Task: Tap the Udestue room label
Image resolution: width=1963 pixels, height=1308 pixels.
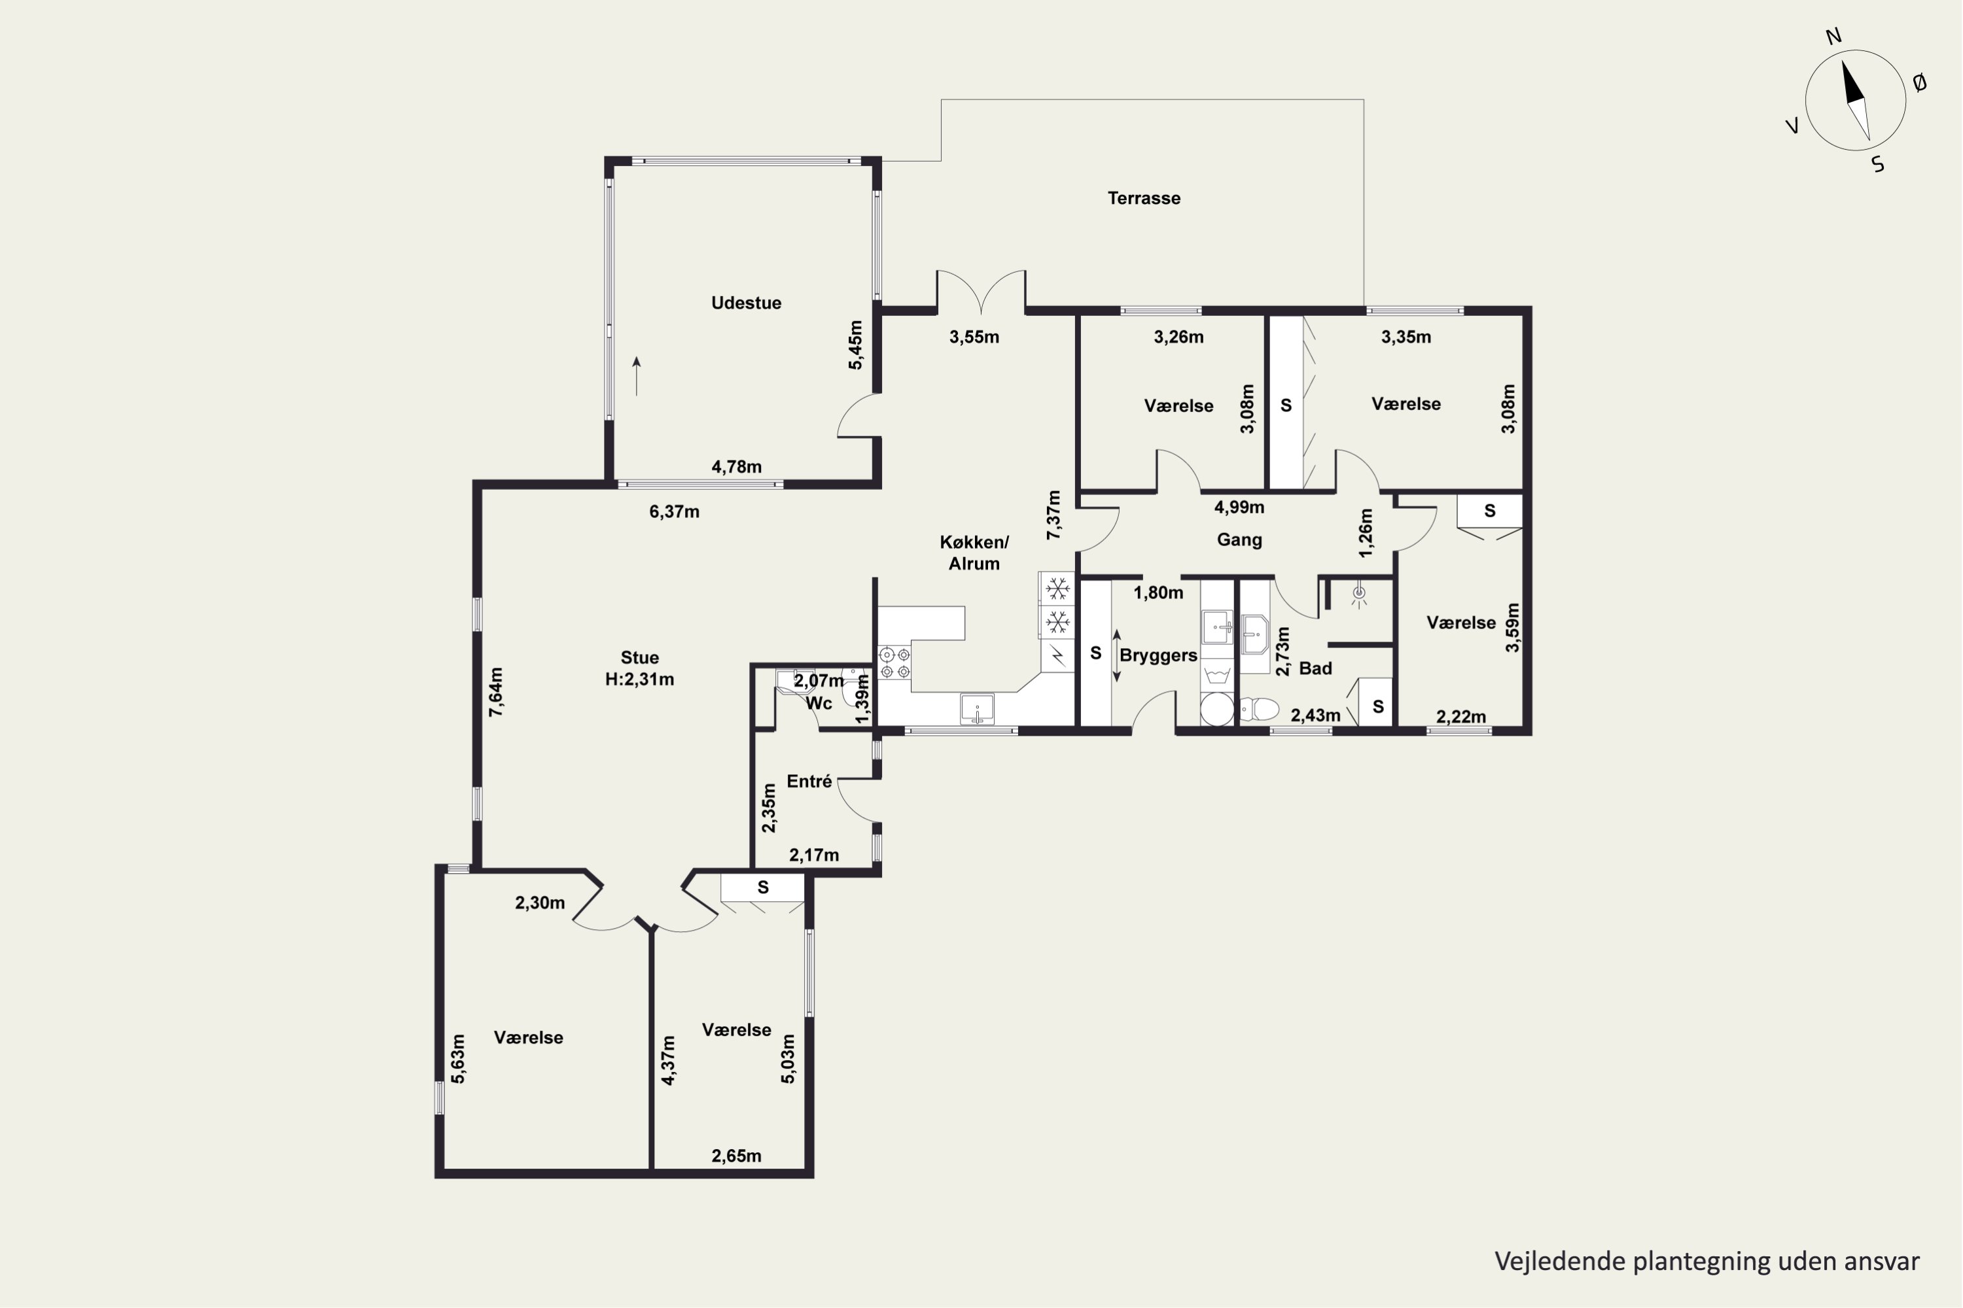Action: [x=746, y=303]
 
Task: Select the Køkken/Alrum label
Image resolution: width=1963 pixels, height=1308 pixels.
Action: [x=974, y=552]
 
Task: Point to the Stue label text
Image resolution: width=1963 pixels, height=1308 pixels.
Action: [x=639, y=657]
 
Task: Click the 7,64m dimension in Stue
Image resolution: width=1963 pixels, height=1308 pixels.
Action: [x=496, y=691]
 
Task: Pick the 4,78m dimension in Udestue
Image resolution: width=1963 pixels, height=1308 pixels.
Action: [x=736, y=467]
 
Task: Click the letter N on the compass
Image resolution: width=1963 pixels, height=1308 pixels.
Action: [x=1833, y=37]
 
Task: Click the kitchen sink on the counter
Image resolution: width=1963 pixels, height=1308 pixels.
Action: [x=976, y=710]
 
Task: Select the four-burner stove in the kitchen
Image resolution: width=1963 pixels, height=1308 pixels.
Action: [x=894, y=663]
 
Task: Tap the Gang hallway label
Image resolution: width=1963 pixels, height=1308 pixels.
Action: [x=1239, y=540]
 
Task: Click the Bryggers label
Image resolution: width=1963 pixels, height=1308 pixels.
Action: [x=1158, y=656]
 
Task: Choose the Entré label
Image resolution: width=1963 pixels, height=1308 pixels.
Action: [x=809, y=782]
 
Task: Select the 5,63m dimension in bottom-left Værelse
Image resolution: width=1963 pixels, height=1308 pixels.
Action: [x=457, y=1059]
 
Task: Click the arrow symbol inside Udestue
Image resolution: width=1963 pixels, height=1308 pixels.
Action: [x=637, y=376]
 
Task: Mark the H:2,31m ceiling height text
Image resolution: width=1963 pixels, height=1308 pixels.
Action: [x=639, y=679]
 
